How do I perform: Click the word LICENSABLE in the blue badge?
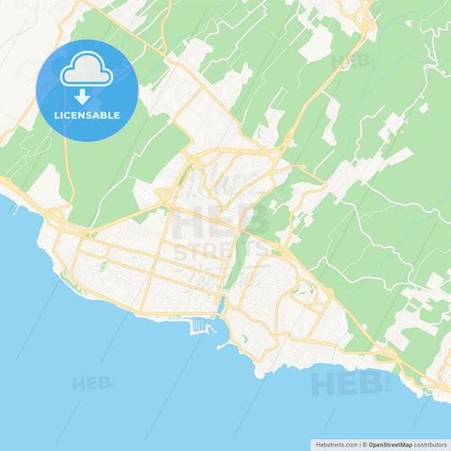(87, 114)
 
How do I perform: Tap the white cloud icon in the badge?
(87, 70)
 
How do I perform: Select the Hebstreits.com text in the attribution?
(335, 443)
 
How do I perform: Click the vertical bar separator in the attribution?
(360, 443)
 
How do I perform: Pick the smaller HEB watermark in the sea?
(91, 383)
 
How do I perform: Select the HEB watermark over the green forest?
(351, 61)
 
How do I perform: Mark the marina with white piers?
(200, 326)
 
